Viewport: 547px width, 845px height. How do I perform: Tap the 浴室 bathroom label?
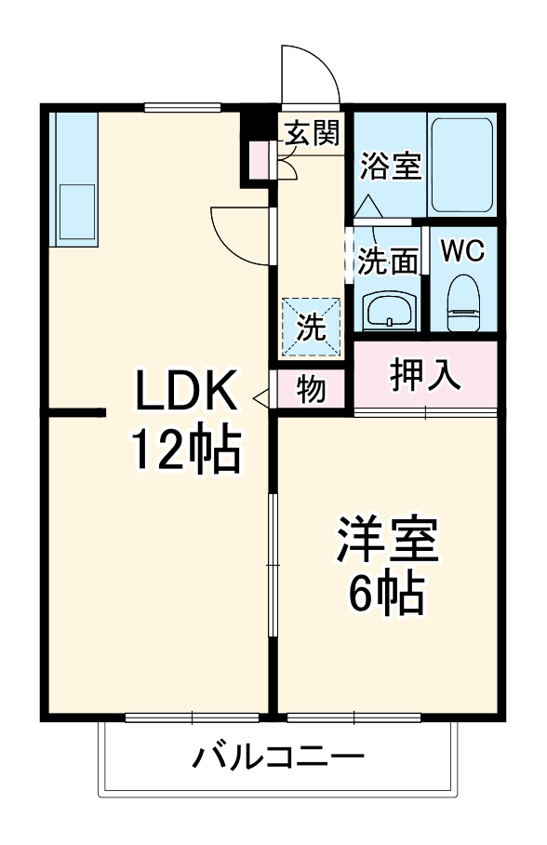(x=391, y=168)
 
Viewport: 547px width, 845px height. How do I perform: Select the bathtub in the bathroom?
(x=463, y=164)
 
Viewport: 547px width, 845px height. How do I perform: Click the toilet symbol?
(x=462, y=302)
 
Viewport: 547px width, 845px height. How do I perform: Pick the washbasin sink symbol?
(x=386, y=309)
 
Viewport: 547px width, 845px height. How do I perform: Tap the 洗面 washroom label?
(x=388, y=262)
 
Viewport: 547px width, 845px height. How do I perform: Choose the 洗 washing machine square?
(x=312, y=327)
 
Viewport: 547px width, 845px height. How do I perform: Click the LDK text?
(x=187, y=392)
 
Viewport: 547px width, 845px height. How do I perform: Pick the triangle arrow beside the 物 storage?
(x=261, y=398)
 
